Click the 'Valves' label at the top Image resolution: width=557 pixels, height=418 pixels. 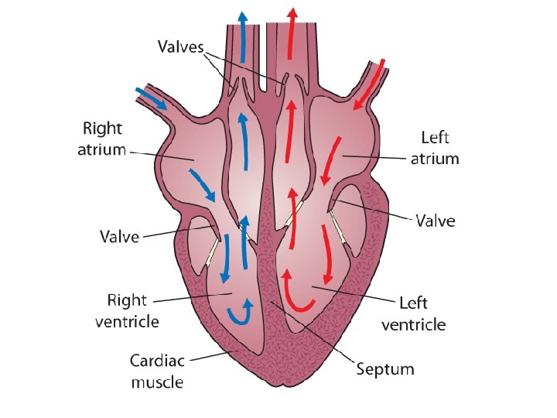(180, 47)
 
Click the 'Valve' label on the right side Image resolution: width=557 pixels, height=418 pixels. (436, 221)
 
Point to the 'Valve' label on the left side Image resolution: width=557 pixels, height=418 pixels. (118, 236)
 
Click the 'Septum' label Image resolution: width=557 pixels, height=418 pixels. (384, 368)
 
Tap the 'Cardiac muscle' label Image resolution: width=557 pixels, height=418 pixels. (156, 371)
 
